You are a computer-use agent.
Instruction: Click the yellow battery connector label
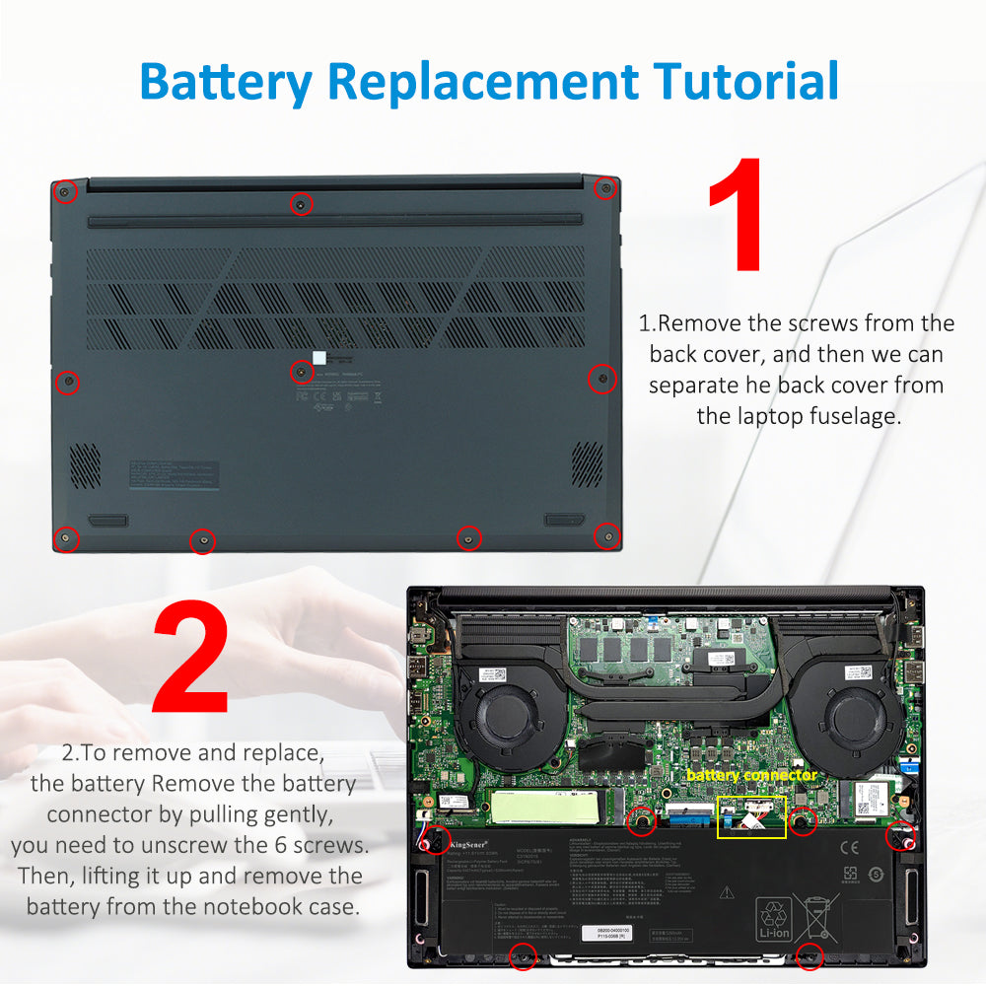[x=751, y=776]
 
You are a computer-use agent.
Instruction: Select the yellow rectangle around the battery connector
[x=751, y=817]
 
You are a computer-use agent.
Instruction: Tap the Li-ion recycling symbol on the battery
[x=773, y=918]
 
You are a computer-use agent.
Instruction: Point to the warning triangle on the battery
[x=727, y=892]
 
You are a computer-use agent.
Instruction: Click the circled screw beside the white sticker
[x=302, y=372]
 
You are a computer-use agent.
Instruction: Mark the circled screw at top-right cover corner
[x=606, y=187]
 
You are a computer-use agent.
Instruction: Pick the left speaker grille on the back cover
[x=85, y=464]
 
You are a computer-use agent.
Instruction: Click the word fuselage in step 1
[x=851, y=416]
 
